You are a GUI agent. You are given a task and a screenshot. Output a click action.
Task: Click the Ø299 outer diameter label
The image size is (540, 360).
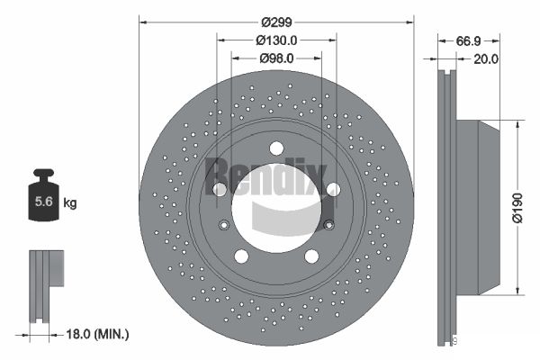276,22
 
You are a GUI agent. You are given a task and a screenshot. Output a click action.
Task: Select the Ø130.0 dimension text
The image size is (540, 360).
276,40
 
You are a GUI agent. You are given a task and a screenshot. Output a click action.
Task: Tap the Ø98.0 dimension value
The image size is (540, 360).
276,58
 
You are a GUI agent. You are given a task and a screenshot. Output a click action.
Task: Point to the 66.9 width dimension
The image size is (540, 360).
468,41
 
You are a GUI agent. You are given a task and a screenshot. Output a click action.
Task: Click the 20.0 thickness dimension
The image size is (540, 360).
486,59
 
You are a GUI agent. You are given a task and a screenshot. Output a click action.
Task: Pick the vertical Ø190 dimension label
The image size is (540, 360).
518,208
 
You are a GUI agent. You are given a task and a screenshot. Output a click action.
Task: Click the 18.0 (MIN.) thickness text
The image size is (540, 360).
97,334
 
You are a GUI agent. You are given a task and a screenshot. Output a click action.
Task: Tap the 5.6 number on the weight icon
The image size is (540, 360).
44,202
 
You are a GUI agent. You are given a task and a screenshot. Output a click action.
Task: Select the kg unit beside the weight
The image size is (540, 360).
70,202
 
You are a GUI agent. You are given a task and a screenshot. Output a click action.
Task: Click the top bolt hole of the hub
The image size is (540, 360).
276,148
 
